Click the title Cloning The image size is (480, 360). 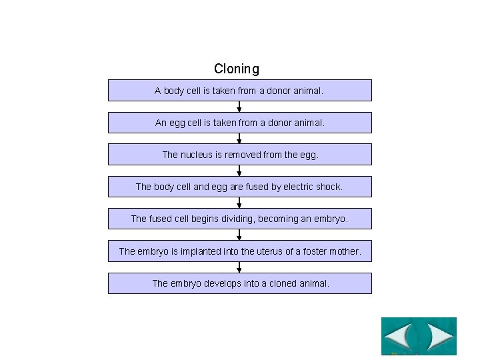pyautogui.click(x=237, y=69)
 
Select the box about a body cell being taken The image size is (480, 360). pyautogui.click(x=239, y=91)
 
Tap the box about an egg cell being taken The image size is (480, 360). pyautogui.click(x=239, y=123)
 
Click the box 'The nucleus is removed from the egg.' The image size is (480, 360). pyautogui.click(x=239, y=155)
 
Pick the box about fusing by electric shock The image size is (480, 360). pyautogui.click(x=239, y=187)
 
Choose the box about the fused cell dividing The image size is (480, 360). pyautogui.click(x=239, y=219)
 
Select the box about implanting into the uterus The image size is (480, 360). pyautogui.click(x=239, y=251)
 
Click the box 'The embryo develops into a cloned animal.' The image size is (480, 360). pyautogui.click(x=239, y=283)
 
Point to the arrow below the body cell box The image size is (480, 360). pyautogui.click(x=239, y=107)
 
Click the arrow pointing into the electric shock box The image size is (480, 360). pyautogui.click(x=239, y=171)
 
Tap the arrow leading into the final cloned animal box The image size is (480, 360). pyautogui.click(x=239, y=267)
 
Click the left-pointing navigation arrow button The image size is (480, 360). pyautogui.click(x=399, y=336)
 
